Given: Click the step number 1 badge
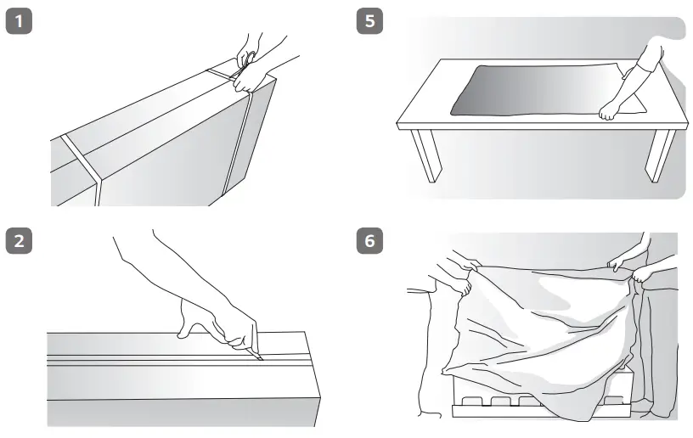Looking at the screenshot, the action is click(x=19, y=21).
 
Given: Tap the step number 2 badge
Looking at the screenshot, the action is click(x=19, y=240).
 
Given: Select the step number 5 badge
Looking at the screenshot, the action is click(x=369, y=21).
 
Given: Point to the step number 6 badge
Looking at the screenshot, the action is click(x=369, y=240).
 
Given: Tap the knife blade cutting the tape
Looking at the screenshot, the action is click(x=256, y=355).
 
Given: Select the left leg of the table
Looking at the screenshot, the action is click(x=426, y=155).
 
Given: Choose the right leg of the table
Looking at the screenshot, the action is click(x=659, y=155).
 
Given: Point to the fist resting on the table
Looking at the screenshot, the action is click(x=608, y=111).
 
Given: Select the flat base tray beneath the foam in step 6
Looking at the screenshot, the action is click(x=542, y=411).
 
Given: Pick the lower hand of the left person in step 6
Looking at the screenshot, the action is click(x=464, y=288).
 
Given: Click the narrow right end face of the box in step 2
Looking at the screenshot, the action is click(x=313, y=379).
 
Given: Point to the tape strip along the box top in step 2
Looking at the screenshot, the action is click(x=177, y=358).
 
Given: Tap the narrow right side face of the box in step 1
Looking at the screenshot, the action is click(x=250, y=137).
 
